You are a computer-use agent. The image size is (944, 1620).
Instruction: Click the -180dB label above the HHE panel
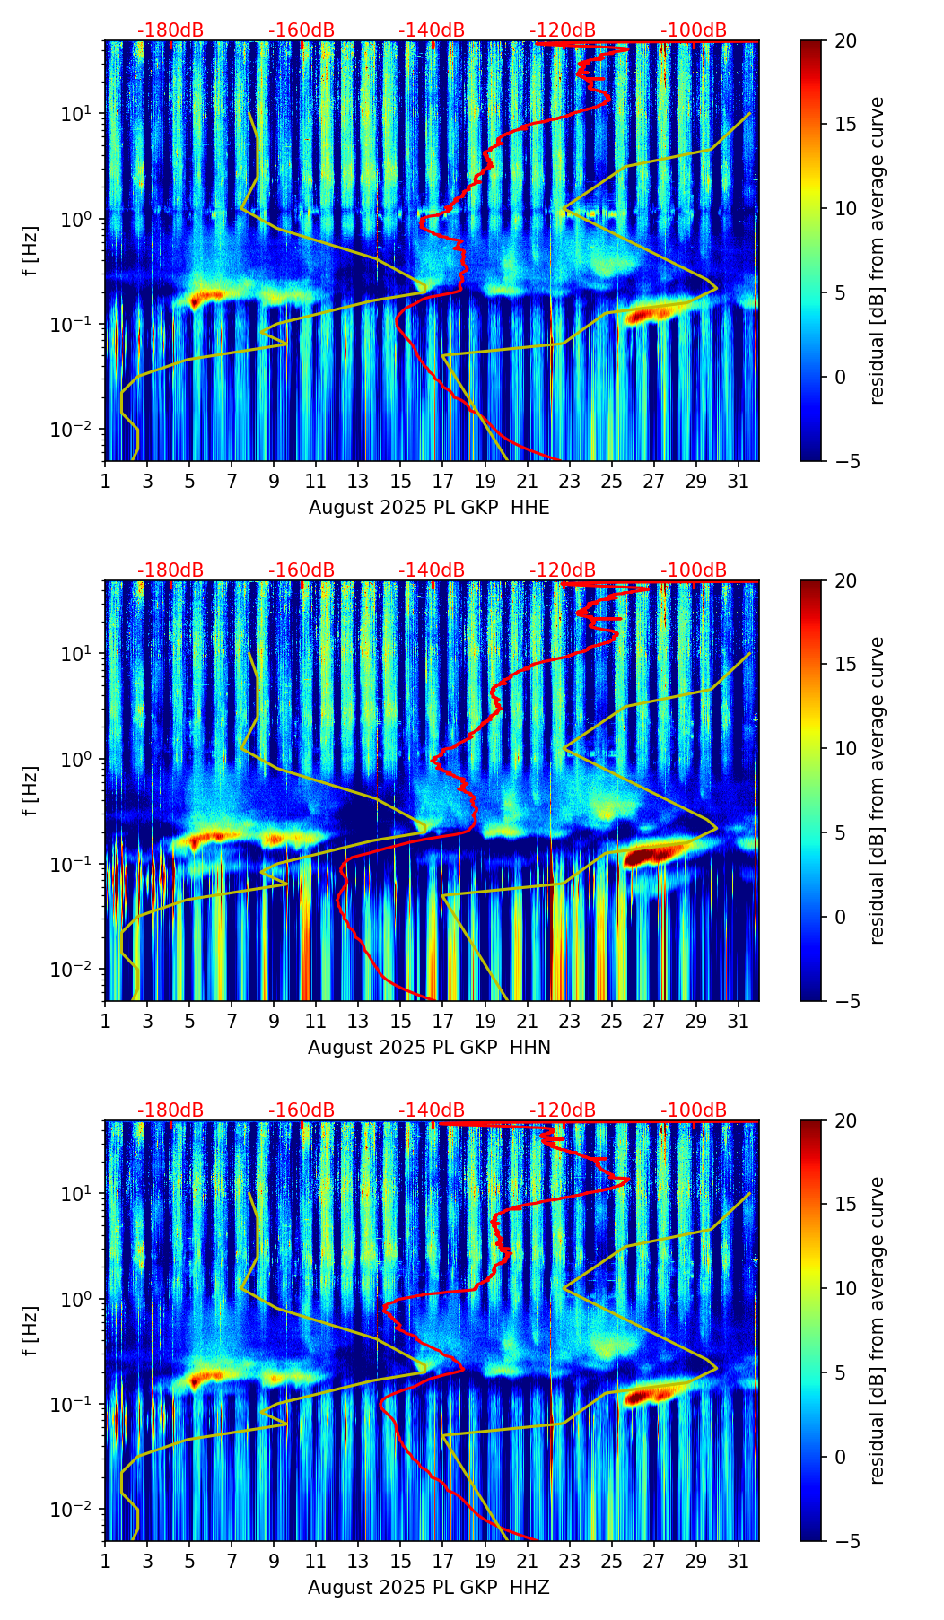pyautogui.click(x=170, y=30)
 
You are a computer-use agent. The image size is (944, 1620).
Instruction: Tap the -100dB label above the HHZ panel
pyautogui.click(x=694, y=1110)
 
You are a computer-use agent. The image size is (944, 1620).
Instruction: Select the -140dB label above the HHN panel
pyautogui.click(x=432, y=570)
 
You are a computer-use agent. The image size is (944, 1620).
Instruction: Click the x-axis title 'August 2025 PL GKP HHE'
pyautogui.click(x=429, y=508)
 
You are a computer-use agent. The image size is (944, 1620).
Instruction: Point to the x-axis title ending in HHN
pyautogui.click(x=429, y=1048)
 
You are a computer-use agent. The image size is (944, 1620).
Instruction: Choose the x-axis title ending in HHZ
pyautogui.click(x=429, y=1588)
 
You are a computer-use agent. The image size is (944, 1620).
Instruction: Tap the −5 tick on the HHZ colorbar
pyautogui.click(x=840, y=1541)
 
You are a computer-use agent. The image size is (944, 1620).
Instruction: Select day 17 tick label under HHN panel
pyautogui.click(x=442, y=1022)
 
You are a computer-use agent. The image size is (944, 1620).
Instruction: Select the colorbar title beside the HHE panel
pyautogui.click(x=877, y=250)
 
